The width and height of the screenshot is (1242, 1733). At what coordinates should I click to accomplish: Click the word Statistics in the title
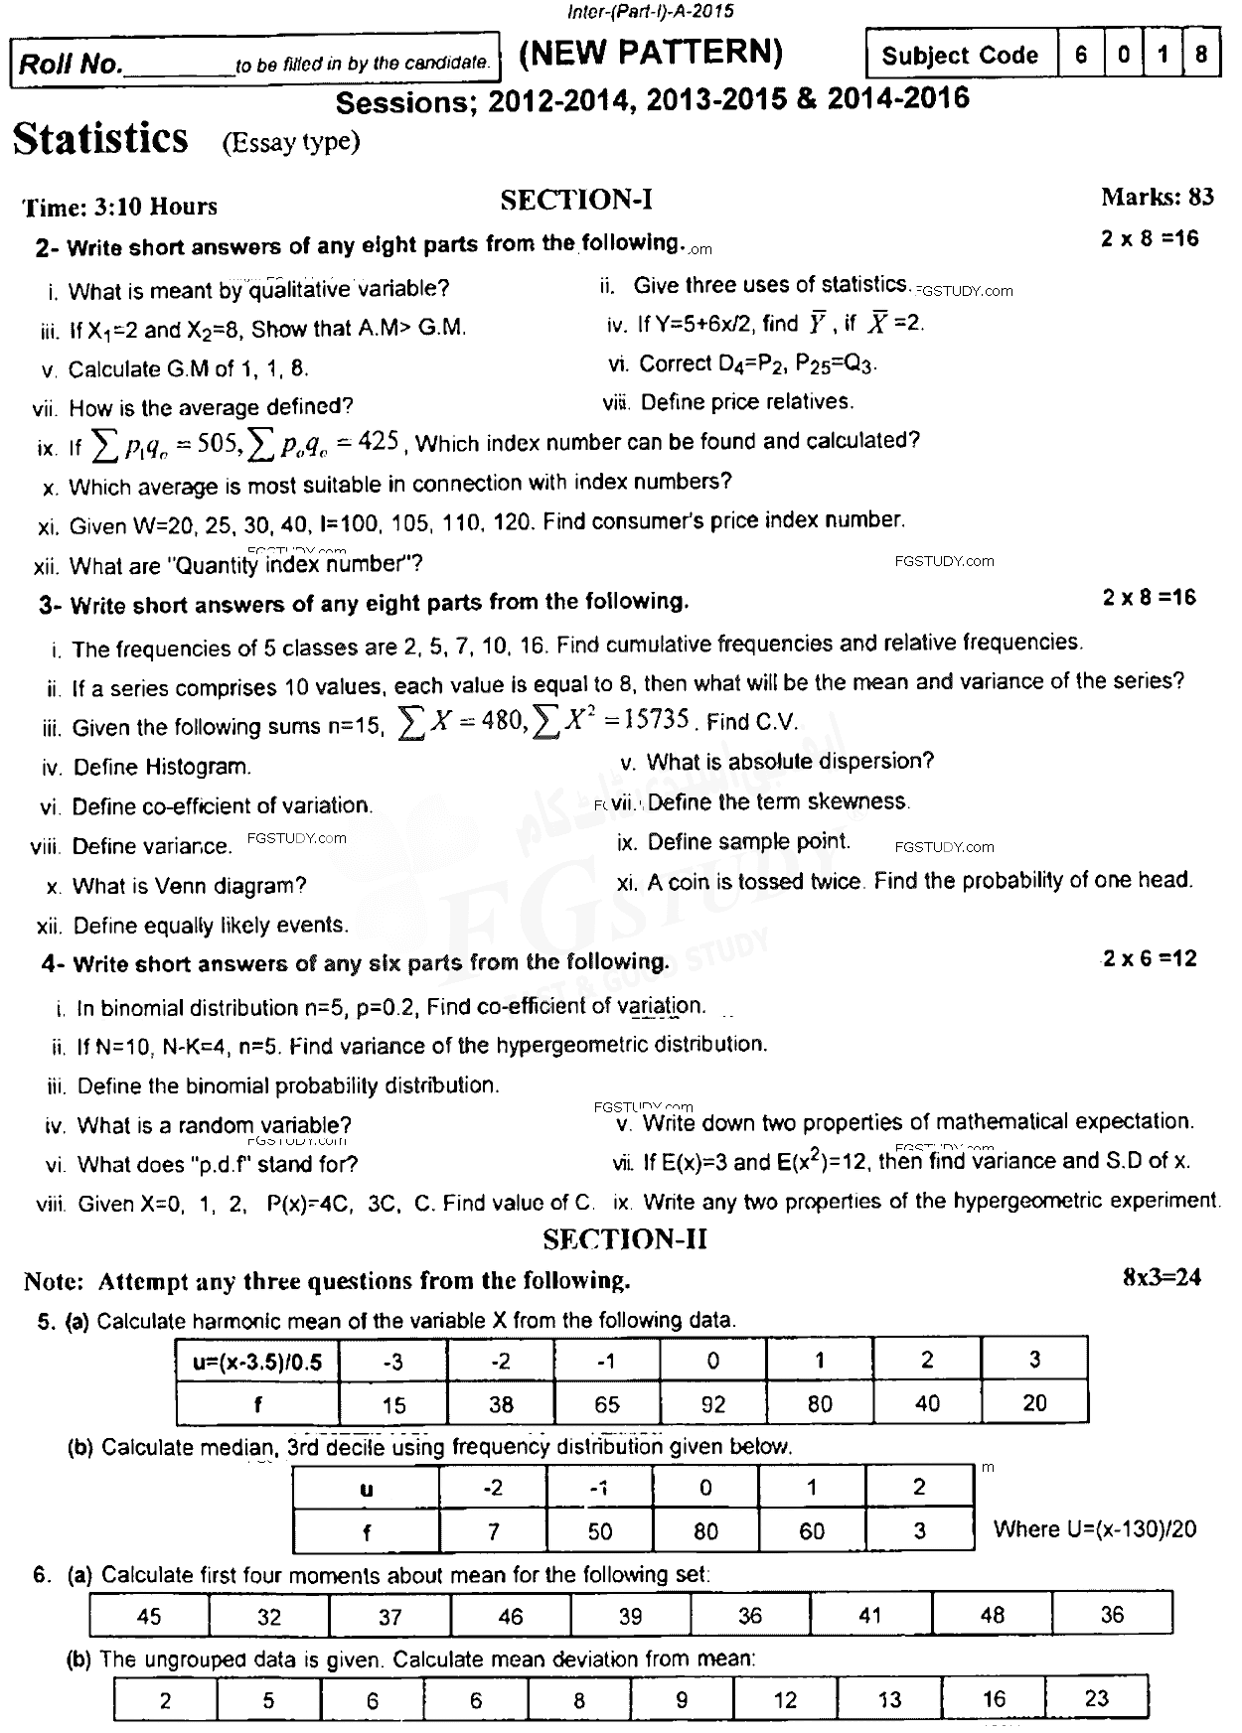tap(100, 138)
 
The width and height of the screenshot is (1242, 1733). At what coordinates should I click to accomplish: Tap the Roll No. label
tap(71, 65)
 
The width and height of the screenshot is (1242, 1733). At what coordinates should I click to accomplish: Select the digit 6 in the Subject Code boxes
tap(1080, 55)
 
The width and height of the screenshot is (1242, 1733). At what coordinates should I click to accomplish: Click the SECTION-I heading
tap(576, 201)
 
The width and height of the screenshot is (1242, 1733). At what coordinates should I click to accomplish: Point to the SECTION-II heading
tap(625, 1239)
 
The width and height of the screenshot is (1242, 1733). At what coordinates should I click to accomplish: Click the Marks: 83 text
tap(1158, 197)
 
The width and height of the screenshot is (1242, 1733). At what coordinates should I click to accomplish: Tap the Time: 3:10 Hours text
tap(120, 207)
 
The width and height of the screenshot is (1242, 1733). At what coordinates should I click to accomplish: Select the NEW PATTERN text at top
tap(652, 52)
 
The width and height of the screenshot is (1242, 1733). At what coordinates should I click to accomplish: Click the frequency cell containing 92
tap(713, 1404)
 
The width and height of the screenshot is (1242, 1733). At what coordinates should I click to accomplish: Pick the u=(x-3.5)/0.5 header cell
tap(257, 1361)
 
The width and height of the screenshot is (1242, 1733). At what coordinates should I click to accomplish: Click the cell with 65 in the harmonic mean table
tap(606, 1404)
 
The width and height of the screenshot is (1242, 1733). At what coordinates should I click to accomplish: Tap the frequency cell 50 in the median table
tap(600, 1530)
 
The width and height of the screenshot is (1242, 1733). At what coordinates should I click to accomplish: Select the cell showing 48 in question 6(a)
tap(992, 1615)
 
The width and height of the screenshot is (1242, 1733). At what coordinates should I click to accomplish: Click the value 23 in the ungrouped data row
tap(1096, 1698)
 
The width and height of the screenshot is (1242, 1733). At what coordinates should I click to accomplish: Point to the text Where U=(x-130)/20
tap(1095, 1529)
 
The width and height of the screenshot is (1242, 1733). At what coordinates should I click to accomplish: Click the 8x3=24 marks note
tap(1162, 1277)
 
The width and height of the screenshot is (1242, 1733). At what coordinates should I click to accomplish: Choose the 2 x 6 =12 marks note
tap(1150, 958)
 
